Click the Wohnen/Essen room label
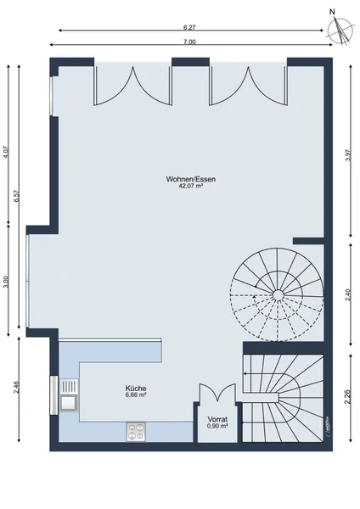[191, 179]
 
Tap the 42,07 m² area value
[191, 186]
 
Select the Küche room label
[136, 389]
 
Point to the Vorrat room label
[217, 419]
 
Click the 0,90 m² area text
[217, 426]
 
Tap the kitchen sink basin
[69, 403]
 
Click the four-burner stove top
[136, 432]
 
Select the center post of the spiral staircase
[278, 294]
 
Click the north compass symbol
[340, 28]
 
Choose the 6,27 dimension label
[189, 28]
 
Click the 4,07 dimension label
[8, 152]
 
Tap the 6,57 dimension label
[17, 196]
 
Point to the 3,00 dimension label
[8, 281]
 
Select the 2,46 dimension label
[17, 388]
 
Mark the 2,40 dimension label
[349, 294]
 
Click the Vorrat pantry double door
[217, 394]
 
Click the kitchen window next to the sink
[53, 395]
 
